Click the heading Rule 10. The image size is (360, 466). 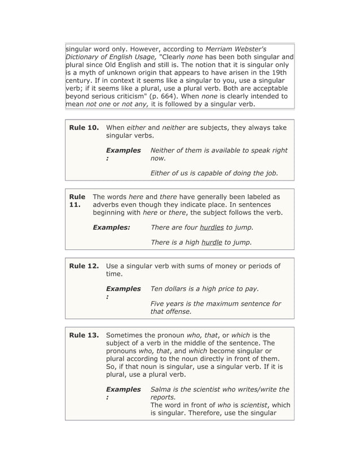[x=84, y=128]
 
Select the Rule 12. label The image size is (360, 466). [x=84, y=266]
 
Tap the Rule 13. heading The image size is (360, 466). [x=84, y=335]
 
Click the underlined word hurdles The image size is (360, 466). [x=212, y=227]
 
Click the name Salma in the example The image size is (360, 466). [x=161, y=389]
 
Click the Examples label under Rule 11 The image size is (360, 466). [x=111, y=227]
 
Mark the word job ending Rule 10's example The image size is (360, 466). [x=269, y=173]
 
